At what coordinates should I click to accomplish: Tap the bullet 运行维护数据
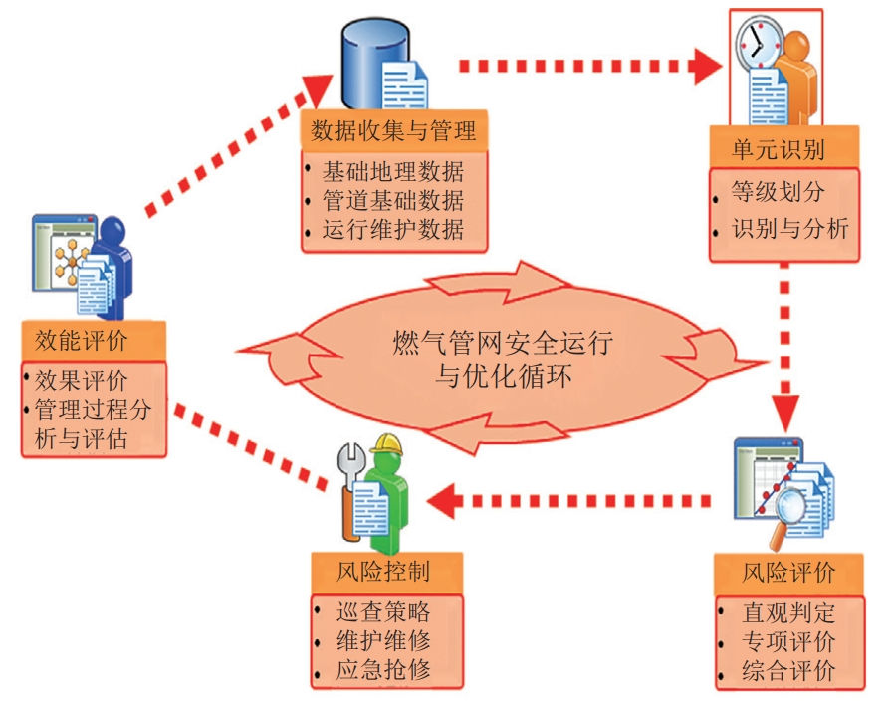point(393,230)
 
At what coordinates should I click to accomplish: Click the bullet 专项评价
point(788,639)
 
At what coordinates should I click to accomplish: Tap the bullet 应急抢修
point(383,669)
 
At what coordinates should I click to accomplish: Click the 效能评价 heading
point(88,340)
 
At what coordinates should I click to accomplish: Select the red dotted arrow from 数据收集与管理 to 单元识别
point(589,67)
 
